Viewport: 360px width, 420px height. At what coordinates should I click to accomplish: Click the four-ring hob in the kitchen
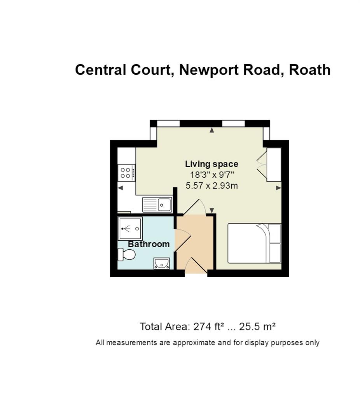click(x=126, y=173)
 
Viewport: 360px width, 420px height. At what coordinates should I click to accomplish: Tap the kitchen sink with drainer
click(x=157, y=205)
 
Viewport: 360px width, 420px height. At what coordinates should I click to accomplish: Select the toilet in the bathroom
click(x=127, y=254)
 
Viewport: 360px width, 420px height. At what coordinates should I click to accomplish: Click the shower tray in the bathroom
click(x=130, y=229)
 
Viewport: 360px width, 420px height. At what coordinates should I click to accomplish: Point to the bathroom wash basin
click(x=161, y=263)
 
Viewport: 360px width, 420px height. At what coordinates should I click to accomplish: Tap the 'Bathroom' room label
click(x=149, y=244)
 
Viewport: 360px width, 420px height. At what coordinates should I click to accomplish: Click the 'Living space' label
click(x=211, y=164)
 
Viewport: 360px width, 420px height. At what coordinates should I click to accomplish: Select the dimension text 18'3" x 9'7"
click(x=212, y=175)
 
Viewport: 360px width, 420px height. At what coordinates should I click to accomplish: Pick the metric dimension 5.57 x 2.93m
click(x=211, y=185)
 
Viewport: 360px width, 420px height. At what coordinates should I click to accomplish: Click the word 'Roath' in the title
click(x=309, y=70)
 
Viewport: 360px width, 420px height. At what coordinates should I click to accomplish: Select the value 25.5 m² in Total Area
click(x=257, y=327)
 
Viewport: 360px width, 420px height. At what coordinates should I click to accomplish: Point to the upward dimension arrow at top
click(x=212, y=130)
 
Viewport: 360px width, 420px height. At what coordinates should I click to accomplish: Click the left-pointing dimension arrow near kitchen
click(x=120, y=188)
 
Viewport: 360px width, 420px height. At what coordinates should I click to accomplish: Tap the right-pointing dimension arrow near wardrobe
click(x=279, y=188)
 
